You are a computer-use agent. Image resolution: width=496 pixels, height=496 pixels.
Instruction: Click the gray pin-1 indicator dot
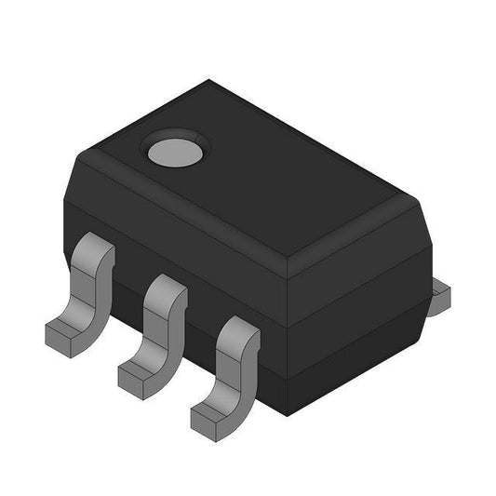[173, 149]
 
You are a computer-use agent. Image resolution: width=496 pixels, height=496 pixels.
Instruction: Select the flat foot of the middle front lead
[140, 369]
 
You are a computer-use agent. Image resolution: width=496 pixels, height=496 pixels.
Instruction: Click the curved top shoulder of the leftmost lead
[93, 249]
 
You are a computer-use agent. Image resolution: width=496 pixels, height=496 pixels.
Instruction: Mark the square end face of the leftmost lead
[56, 336]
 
